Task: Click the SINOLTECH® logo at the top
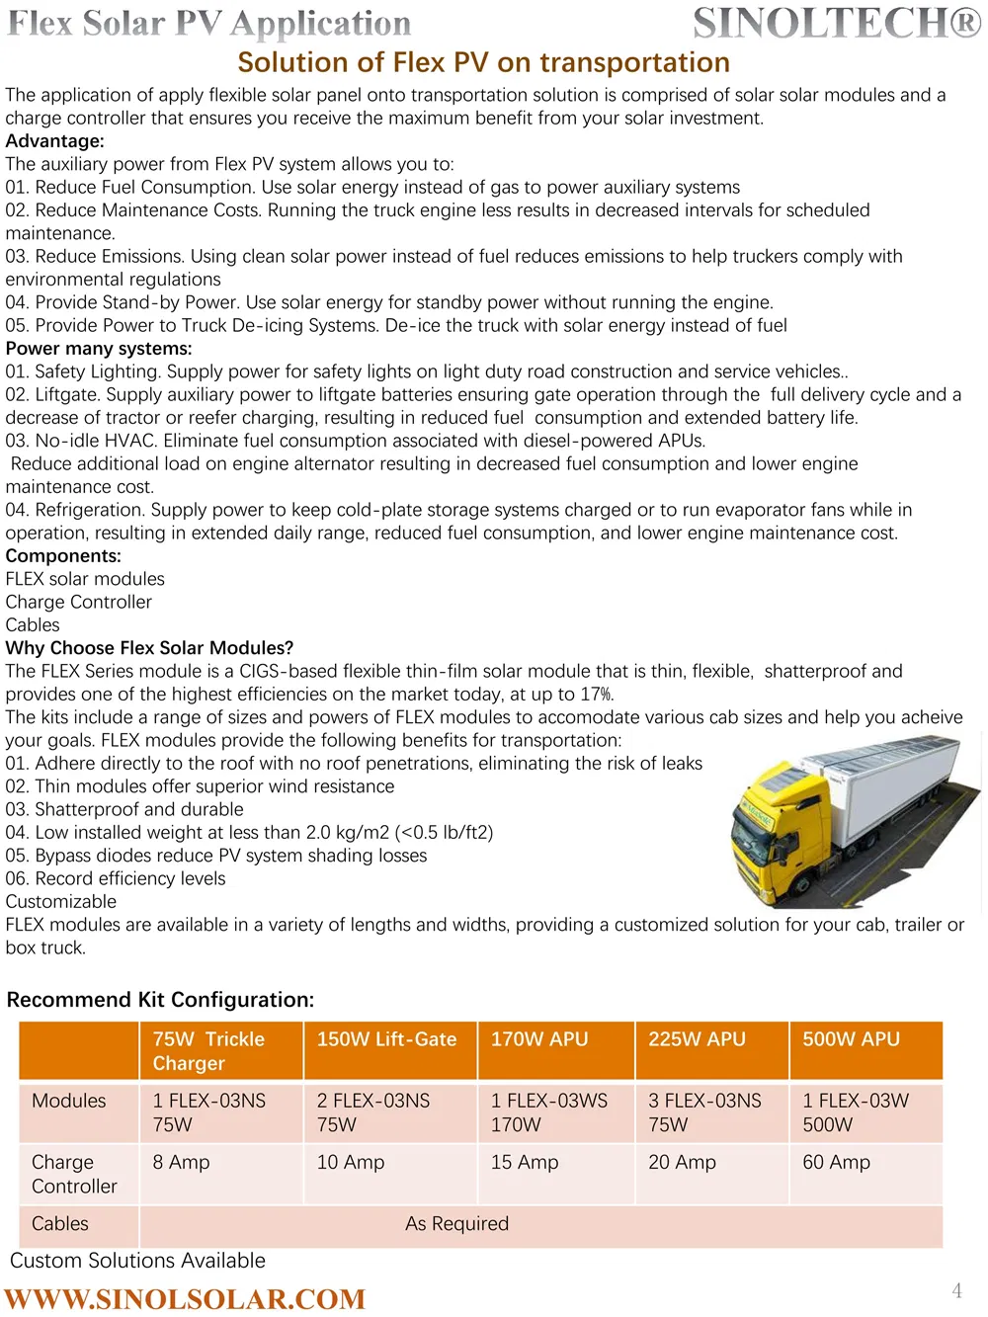(x=837, y=24)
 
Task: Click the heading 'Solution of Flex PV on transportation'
(x=483, y=62)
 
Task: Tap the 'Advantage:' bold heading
(x=54, y=141)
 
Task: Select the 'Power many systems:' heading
(x=99, y=349)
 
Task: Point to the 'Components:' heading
(x=63, y=556)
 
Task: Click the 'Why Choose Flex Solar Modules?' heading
(x=149, y=648)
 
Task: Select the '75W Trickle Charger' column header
(x=208, y=1051)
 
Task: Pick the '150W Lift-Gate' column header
(x=386, y=1039)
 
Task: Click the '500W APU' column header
(x=851, y=1039)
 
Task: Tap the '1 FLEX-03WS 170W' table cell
(x=549, y=1112)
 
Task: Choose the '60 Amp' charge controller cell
(x=836, y=1163)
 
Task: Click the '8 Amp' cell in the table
(x=181, y=1163)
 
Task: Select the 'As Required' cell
(x=456, y=1224)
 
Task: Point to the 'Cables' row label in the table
(x=60, y=1224)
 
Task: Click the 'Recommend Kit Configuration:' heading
(x=160, y=1000)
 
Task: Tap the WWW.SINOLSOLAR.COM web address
(x=185, y=1298)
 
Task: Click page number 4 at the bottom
(x=956, y=1290)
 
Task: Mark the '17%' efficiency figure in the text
(x=596, y=695)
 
